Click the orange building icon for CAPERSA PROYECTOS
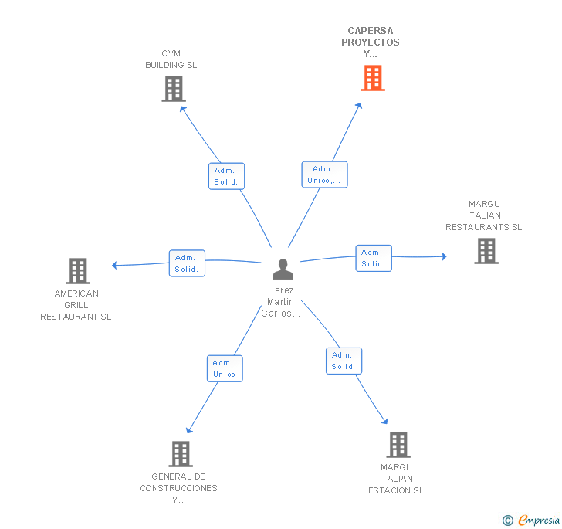373,78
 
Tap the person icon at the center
283,269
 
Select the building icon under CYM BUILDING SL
174,89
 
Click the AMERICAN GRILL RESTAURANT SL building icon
78,271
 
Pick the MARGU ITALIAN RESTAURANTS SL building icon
486,251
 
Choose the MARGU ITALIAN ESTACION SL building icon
398,445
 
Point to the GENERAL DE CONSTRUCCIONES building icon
181,453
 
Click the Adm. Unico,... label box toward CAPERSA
324,175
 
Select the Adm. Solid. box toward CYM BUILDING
226,176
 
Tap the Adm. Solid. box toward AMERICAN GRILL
187,263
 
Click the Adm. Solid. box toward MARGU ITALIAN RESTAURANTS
374,258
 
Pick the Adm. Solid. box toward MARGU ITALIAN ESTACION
344,361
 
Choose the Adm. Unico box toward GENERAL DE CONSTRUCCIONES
225,368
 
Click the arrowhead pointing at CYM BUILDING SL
183,109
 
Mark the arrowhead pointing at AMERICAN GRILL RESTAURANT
114,265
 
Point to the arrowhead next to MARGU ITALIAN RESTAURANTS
445,256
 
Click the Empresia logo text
540,520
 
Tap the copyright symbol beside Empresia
508,521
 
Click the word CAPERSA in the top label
371,30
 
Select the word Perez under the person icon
281,290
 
